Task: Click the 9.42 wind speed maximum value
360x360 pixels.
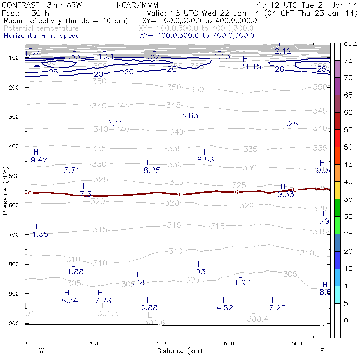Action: coord(38,160)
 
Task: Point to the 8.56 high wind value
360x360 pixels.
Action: coord(205,160)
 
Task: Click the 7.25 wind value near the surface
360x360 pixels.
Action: coord(278,308)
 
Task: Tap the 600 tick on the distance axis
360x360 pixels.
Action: coord(229,343)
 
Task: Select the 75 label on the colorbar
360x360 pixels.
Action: coord(348,60)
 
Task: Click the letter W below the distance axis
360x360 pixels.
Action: coord(41,351)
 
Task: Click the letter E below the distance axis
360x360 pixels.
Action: coord(322,351)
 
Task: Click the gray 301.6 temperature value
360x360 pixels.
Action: coord(155,323)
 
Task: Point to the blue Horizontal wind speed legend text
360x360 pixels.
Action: coord(41,36)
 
